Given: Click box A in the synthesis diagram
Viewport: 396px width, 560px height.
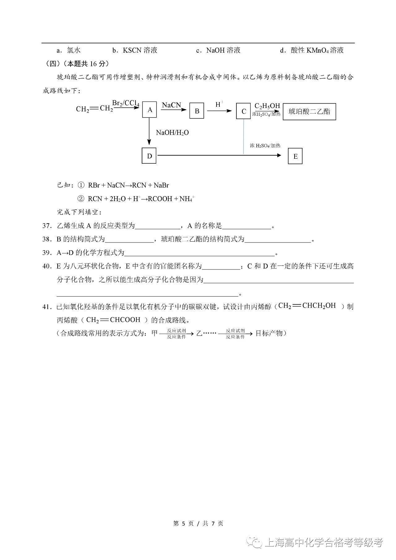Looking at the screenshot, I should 150,110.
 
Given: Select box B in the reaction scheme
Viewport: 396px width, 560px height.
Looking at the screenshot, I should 197,111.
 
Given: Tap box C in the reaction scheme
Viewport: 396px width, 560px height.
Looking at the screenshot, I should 243,111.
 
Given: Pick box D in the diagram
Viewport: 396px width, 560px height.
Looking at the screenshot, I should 149,156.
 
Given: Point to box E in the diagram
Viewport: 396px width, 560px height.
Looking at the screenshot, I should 295,156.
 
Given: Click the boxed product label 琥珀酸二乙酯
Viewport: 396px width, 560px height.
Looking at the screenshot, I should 309,112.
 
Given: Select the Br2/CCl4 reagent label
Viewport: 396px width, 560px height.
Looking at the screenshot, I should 126,103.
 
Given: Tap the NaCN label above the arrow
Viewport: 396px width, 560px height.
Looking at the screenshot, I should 171,105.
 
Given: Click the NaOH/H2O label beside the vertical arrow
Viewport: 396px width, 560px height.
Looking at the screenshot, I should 172,133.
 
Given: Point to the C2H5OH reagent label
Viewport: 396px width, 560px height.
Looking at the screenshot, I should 267,106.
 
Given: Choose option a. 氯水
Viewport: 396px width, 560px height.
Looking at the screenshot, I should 69,50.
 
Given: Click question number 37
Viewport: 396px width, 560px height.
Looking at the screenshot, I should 47,226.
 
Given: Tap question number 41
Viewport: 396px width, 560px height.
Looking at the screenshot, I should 47,307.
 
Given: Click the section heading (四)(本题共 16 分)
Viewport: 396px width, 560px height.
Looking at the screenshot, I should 76,64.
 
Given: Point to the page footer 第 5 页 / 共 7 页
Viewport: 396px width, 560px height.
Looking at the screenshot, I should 198,523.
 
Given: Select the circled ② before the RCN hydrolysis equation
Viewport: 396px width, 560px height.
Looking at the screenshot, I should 81,199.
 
